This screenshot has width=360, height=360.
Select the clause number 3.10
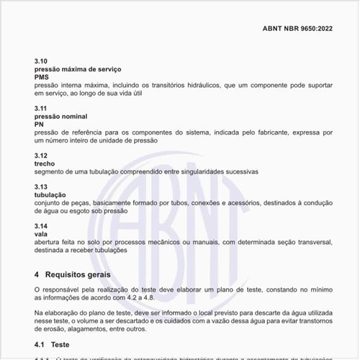(x=41, y=60)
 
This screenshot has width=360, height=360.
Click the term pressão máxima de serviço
(x=78, y=68)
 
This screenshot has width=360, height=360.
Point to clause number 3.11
(x=41, y=108)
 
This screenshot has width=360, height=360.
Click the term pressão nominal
(x=61, y=116)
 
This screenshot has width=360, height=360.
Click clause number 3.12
(x=41, y=156)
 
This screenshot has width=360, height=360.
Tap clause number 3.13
(x=41, y=186)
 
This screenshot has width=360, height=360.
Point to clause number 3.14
(x=41, y=226)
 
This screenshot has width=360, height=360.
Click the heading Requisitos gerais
(x=78, y=274)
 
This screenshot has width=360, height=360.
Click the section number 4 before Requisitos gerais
(x=37, y=274)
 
